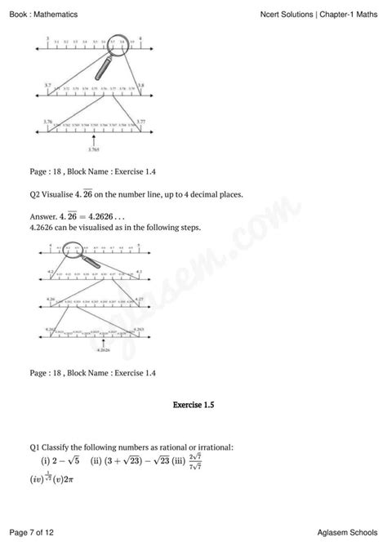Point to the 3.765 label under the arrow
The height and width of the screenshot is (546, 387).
[96, 149]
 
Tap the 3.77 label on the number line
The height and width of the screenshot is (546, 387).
[140, 121]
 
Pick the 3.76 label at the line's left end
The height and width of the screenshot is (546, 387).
[47, 121]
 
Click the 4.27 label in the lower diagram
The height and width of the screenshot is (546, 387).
[138, 299]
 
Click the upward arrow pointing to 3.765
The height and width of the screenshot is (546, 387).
[96, 139]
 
